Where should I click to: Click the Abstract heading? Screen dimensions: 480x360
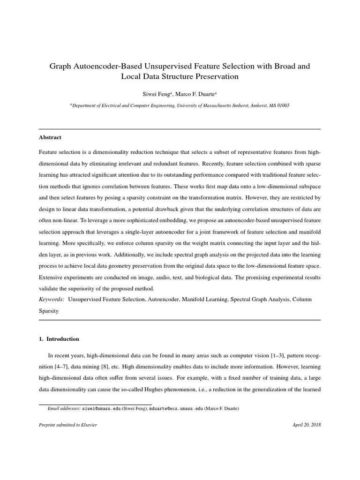pos(50,137)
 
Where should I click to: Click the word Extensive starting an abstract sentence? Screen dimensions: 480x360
pos(53,277)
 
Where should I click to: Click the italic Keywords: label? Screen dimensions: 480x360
pos(52,299)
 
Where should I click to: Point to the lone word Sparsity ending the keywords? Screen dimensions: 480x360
pos(49,310)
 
